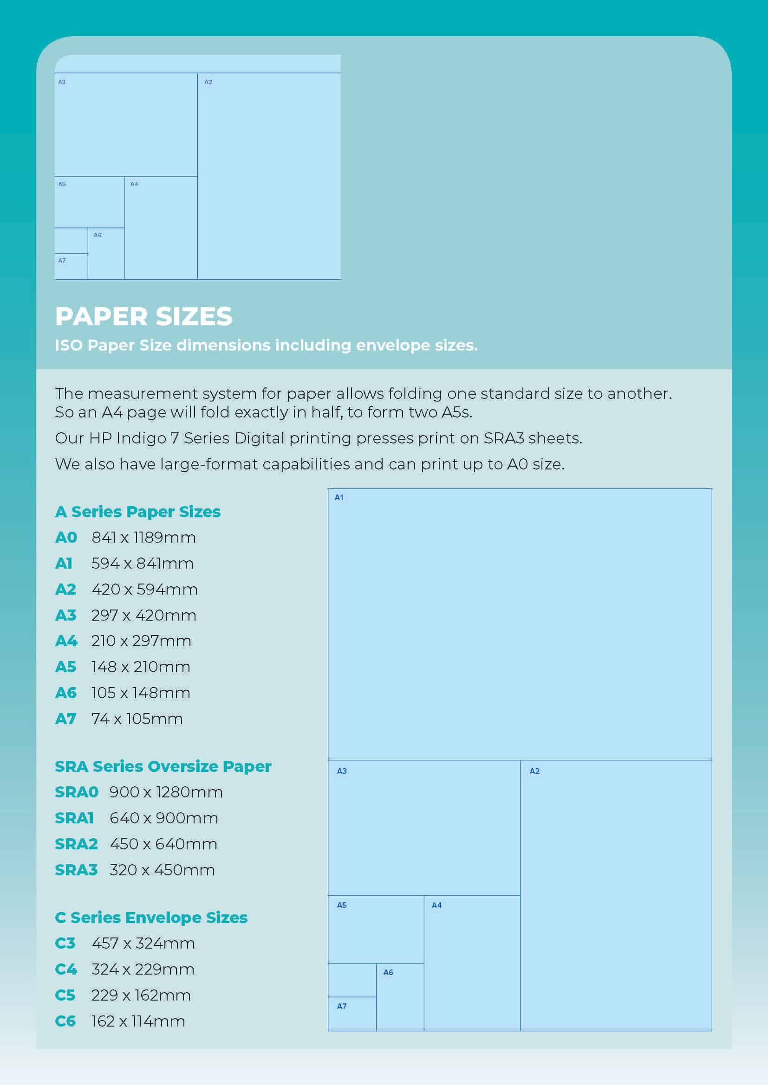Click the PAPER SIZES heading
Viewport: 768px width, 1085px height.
(144, 316)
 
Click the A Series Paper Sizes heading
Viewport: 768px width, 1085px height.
(137, 512)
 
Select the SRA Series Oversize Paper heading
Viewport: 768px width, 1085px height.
(163, 766)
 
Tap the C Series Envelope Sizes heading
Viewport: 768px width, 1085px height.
(151, 917)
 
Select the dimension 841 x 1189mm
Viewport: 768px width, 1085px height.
(143, 538)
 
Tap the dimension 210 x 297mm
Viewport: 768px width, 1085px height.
(141, 641)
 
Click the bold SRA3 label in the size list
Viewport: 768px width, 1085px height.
(76, 870)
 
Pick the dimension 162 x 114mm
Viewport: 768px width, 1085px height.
(137, 1021)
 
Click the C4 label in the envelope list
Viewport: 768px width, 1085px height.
(66, 969)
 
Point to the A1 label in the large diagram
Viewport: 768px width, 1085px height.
(339, 497)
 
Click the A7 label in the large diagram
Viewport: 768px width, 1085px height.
(341, 1006)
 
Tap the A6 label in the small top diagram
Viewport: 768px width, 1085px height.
(98, 235)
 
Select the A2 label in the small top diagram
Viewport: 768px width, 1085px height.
(208, 82)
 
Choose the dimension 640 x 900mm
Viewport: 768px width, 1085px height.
(163, 818)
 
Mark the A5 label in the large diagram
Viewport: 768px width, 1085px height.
(341, 905)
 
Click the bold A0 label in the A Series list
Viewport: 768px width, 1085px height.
(66, 538)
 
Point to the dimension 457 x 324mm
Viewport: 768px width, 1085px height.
(143, 943)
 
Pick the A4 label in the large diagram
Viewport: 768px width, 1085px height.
(436, 905)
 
